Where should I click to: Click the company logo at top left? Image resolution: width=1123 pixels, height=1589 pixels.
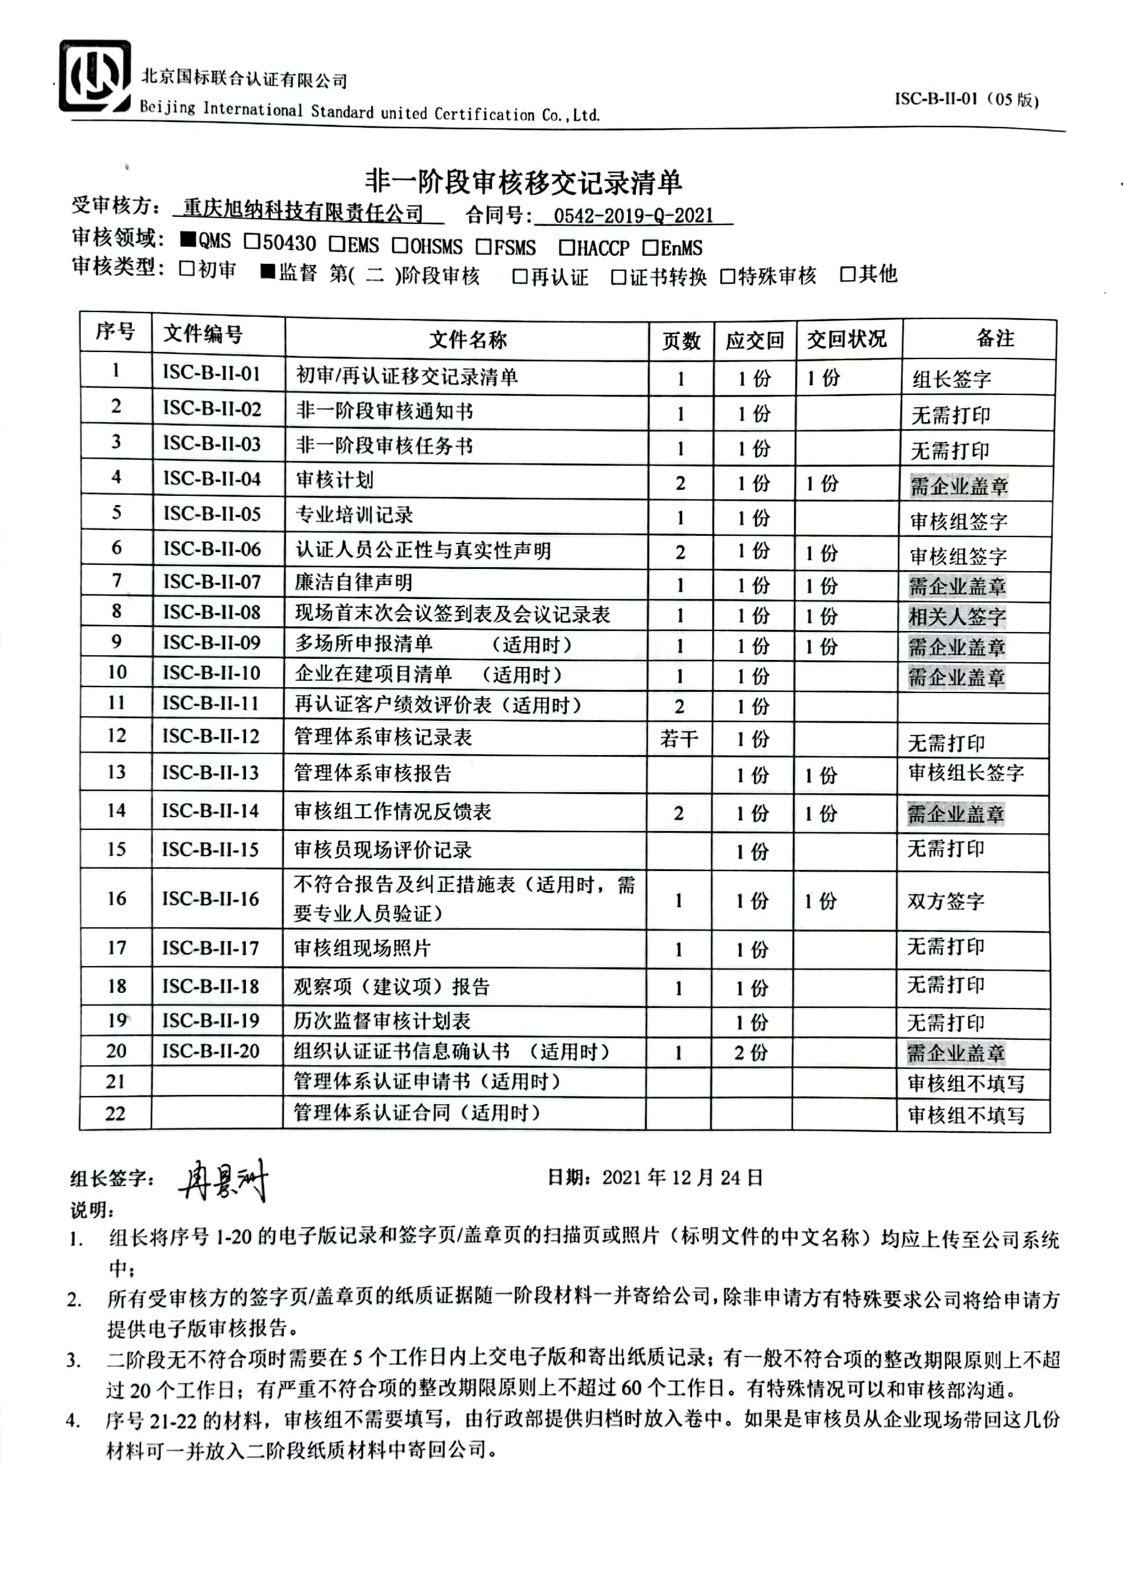click(95, 77)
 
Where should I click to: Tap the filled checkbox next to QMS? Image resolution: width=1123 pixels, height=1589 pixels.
click(187, 240)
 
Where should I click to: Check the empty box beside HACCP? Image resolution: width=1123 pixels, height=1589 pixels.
click(566, 246)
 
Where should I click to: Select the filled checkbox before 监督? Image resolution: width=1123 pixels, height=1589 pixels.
click(268, 271)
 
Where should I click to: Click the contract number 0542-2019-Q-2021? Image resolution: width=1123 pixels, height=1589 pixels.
click(633, 215)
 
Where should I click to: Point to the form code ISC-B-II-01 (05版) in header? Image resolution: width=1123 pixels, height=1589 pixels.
click(966, 99)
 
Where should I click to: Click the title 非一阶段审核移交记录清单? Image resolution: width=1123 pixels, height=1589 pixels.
click(523, 182)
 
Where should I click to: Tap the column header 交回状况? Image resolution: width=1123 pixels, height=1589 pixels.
click(846, 339)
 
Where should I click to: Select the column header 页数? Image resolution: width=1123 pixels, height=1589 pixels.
click(680, 340)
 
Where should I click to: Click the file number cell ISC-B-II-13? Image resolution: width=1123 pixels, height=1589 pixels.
click(211, 772)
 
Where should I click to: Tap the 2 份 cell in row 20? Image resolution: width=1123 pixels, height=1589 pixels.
click(751, 1053)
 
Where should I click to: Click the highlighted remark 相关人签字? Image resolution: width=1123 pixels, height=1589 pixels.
click(957, 616)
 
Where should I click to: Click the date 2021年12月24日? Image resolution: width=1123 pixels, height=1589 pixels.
click(682, 1177)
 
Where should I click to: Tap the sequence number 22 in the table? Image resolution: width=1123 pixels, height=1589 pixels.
click(115, 1113)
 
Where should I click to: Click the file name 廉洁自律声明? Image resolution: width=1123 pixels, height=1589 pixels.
click(354, 582)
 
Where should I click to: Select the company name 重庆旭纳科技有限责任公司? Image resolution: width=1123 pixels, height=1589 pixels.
click(303, 211)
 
